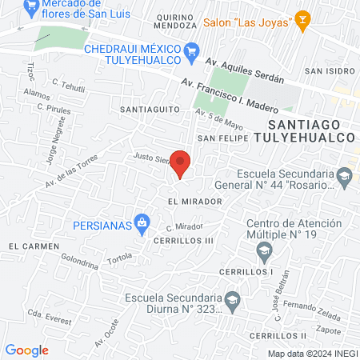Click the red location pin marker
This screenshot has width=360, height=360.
[181, 163]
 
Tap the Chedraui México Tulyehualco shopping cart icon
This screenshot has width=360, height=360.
[191, 53]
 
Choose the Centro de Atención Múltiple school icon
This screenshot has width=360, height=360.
[263, 253]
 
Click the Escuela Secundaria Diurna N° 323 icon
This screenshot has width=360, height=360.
[232, 302]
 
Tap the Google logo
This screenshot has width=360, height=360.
[27, 350]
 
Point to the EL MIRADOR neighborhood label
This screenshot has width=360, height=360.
[189, 201]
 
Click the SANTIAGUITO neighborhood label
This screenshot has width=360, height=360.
[146, 108]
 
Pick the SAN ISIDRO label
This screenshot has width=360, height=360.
[324, 70]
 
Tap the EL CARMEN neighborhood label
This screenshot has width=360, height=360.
[30, 246]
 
